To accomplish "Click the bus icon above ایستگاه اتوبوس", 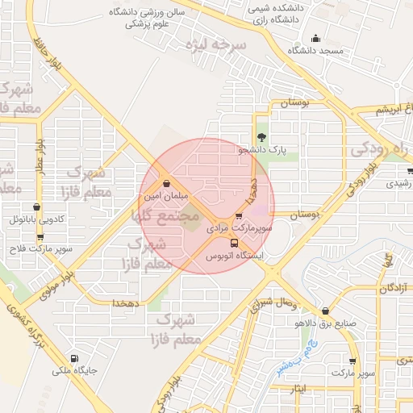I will click(x=234, y=243).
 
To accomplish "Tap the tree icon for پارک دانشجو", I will click(x=261, y=137).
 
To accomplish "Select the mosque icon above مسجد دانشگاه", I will click(x=315, y=38).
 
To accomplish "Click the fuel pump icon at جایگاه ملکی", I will click(x=75, y=359).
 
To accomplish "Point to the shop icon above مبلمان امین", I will click(x=165, y=183).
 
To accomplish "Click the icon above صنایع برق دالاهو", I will click(x=325, y=311).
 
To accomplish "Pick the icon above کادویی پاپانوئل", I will click(x=36, y=206).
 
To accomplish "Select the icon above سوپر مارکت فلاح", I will click(x=38, y=236).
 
